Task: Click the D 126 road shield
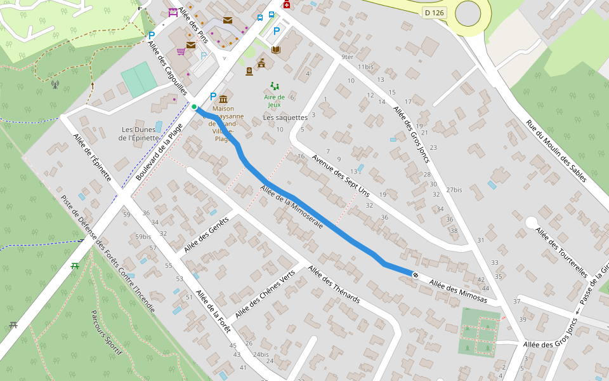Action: [434, 13]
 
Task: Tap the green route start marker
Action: [194, 107]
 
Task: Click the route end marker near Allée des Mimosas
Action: [415, 275]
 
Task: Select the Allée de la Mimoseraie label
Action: [291, 206]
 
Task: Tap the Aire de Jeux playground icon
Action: [275, 86]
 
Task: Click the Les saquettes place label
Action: [285, 117]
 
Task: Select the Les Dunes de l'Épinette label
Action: [140, 133]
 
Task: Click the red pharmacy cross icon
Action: [287, 5]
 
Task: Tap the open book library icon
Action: [275, 50]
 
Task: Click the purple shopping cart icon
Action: [181, 51]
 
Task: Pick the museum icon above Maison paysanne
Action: [223, 98]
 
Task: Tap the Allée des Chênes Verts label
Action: [265, 295]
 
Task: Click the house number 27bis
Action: [454, 190]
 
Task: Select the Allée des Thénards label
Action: [334, 285]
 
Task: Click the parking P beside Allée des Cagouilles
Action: [151, 36]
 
